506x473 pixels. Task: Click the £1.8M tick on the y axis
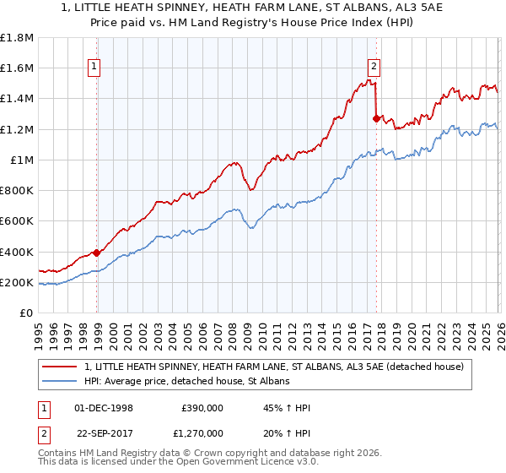coord(19,38)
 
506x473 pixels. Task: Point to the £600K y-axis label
coord(17,221)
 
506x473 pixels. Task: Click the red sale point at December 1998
coord(96,253)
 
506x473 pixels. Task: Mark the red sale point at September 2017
coord(376,118)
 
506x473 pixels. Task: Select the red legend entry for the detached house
coord(273,367)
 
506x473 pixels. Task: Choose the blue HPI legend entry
coord(186,382)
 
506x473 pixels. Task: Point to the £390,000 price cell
coord(202,407)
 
